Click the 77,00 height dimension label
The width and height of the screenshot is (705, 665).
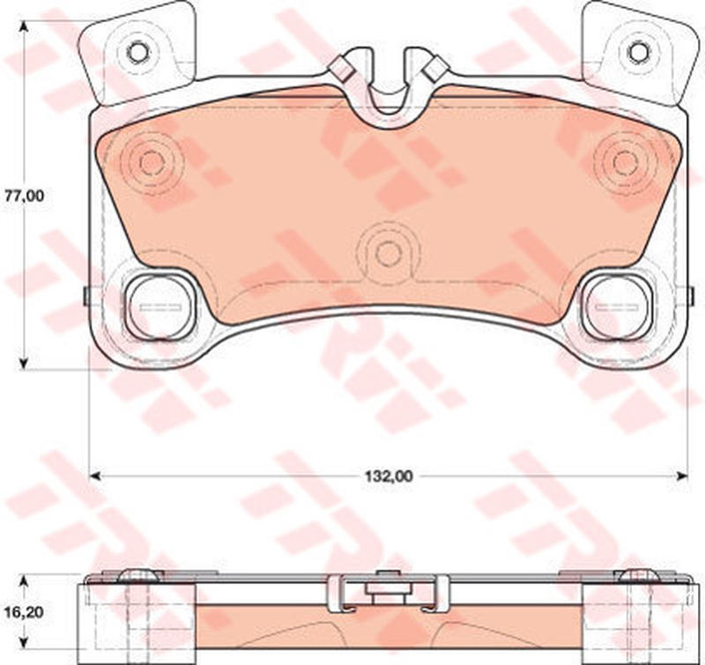coord(25,196)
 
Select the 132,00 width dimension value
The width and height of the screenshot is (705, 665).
coord(389,477)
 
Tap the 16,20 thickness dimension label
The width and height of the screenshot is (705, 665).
coord(25,612)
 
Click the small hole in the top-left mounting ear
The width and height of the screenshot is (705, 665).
coord(137,53)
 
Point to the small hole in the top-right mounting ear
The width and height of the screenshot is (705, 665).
coord(638,53)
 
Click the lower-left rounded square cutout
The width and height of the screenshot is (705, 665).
coord(160,306)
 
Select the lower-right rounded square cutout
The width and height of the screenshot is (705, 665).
coord(617,306)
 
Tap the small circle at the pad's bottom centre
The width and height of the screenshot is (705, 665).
coord(389,254)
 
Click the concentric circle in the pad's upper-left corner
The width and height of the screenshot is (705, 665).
coord(152,163)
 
